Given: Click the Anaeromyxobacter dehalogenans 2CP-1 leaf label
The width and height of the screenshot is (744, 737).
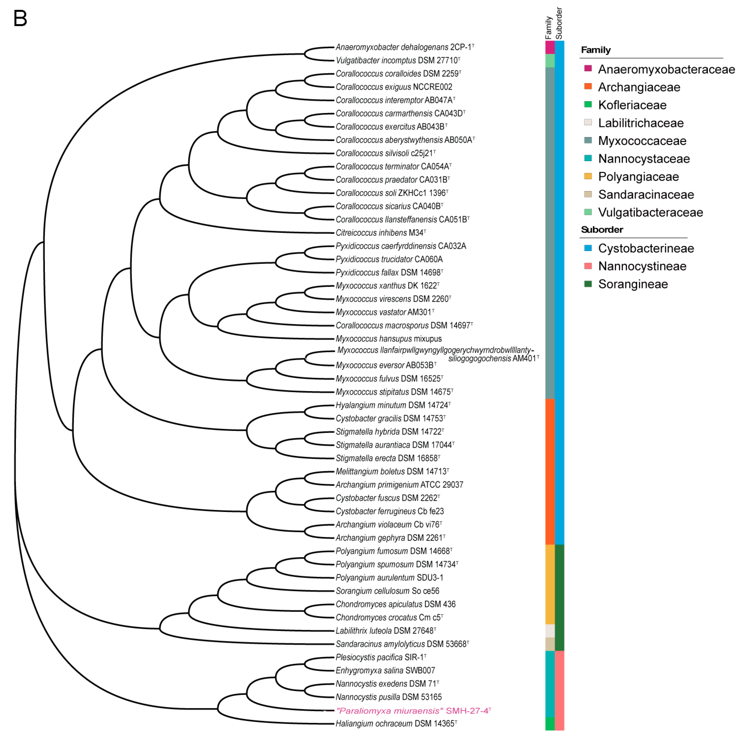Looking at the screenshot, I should pos(404,47).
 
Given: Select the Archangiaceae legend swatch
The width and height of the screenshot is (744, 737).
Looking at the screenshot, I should pos(588,86).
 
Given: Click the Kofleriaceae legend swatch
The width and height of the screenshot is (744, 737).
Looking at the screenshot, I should pos(588,104).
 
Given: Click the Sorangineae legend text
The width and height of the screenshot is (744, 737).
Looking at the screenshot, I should pos(633,284).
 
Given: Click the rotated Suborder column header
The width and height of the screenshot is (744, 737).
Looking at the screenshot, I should pos(559,23).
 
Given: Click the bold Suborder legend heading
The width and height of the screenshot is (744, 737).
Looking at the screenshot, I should pos(601,230).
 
